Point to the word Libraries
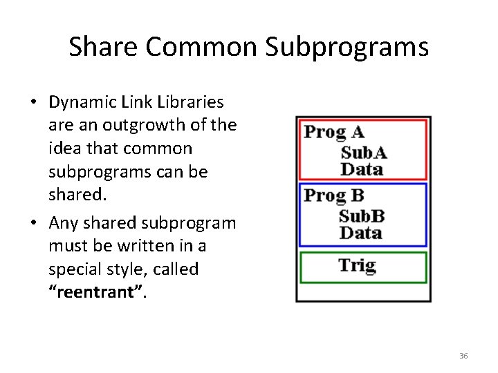(192, 102)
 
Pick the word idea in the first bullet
(64, 149)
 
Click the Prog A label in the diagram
(333, 132)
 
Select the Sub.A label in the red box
(364, 153)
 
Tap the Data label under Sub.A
(362, 169)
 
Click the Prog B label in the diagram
(333, 195)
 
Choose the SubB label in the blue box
(362, 216)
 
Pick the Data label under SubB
(362, 232)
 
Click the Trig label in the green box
(357, 266)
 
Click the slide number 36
(463, 356)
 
